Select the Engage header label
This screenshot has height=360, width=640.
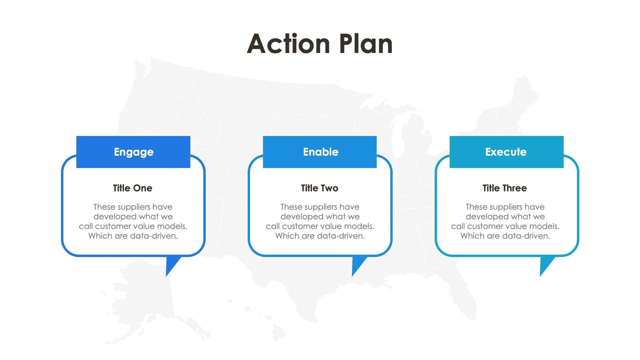pyautogui.click(x=134, y=152)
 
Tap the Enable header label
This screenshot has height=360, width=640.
pyautogui.click(x=320, y=152)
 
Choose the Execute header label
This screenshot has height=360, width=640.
pyautogui.click(x=506, y=152)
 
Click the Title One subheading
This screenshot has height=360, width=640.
pyautogui.click(x=133, y=188)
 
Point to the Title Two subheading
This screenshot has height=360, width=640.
pyautogui.click(x=320, y=188)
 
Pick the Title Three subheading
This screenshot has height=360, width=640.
pyautogui.click(x=504, y=188)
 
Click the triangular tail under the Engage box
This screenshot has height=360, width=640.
pyautogui.click(x=171, y=265)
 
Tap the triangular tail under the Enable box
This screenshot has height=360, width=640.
pyautogui.click(x=358, y=265)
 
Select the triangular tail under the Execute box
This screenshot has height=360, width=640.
pyautogui.click(x=545, y=265)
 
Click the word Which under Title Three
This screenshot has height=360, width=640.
pyautogui.click(x=472, y=236)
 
